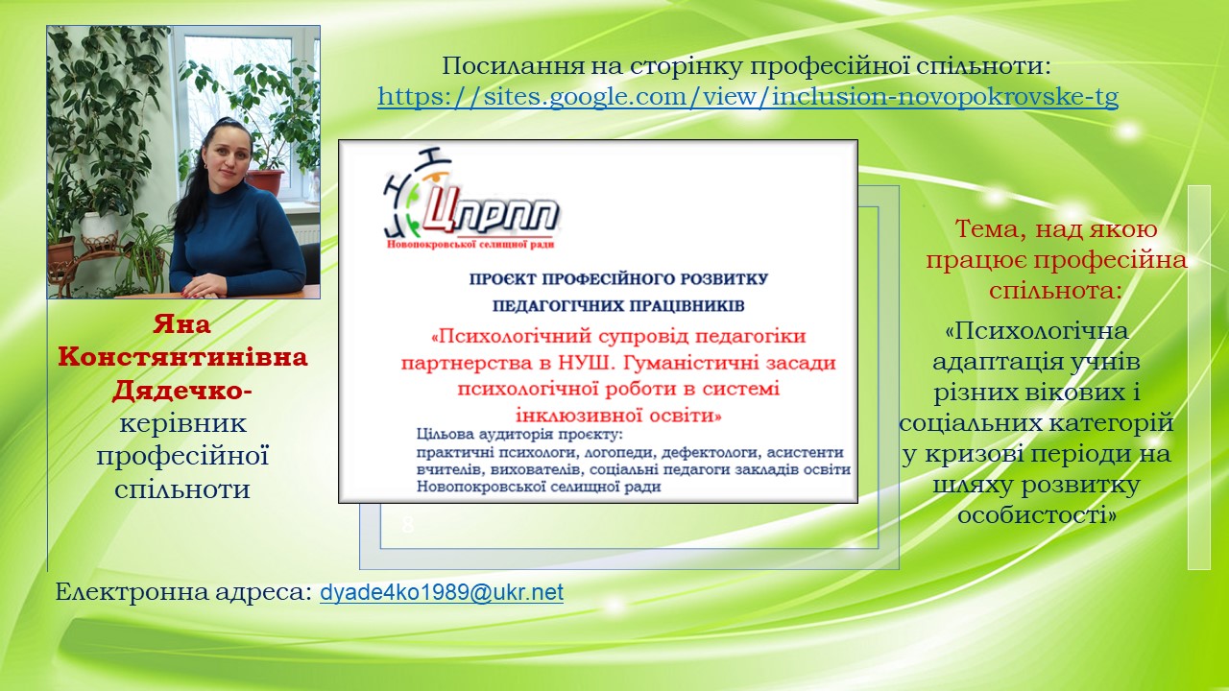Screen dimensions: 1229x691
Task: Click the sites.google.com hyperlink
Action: (748, 97)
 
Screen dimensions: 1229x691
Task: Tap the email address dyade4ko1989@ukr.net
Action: (442, 592)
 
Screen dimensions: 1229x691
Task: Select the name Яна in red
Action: (181, 324)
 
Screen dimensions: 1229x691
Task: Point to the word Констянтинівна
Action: (182, 357)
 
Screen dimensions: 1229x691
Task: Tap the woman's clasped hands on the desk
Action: (205, 285)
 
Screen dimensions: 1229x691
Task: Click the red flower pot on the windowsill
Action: (265, 180)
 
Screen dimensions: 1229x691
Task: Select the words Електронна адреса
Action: (183, 592)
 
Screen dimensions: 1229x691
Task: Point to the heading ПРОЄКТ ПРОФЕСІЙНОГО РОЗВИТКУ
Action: (618, 279)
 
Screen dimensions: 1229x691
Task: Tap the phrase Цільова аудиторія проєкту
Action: (519, 435)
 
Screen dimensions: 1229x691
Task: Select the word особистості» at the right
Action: (1037, 515)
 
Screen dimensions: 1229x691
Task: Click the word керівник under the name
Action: (182, 424)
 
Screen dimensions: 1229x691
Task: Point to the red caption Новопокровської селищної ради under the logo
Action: (470, 244)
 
